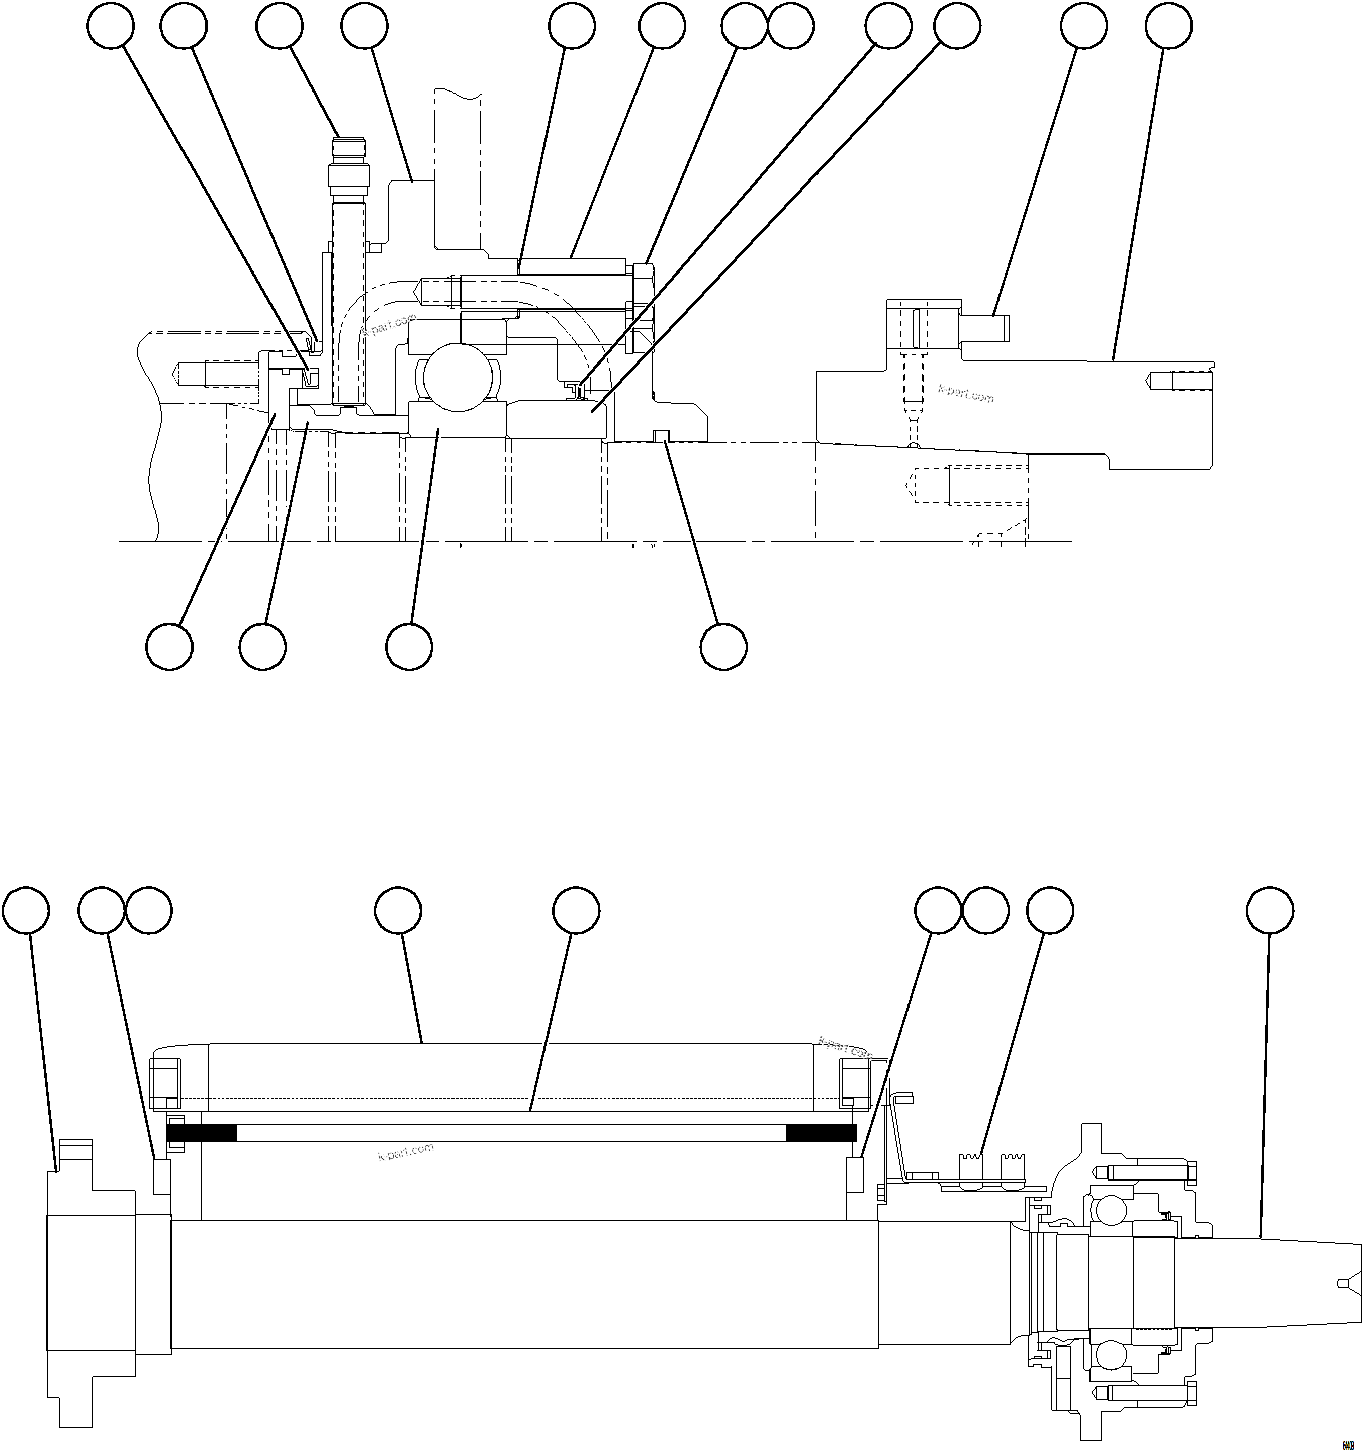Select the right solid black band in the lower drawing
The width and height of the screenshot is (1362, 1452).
820,1133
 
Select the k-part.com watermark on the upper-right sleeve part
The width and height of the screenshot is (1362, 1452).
965,394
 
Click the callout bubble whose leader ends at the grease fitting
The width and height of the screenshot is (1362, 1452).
279,26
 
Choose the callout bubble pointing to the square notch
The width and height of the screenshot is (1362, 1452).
723,647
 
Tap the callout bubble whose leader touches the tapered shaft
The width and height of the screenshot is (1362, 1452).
1269,911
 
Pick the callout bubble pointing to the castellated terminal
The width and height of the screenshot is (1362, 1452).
1049,911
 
